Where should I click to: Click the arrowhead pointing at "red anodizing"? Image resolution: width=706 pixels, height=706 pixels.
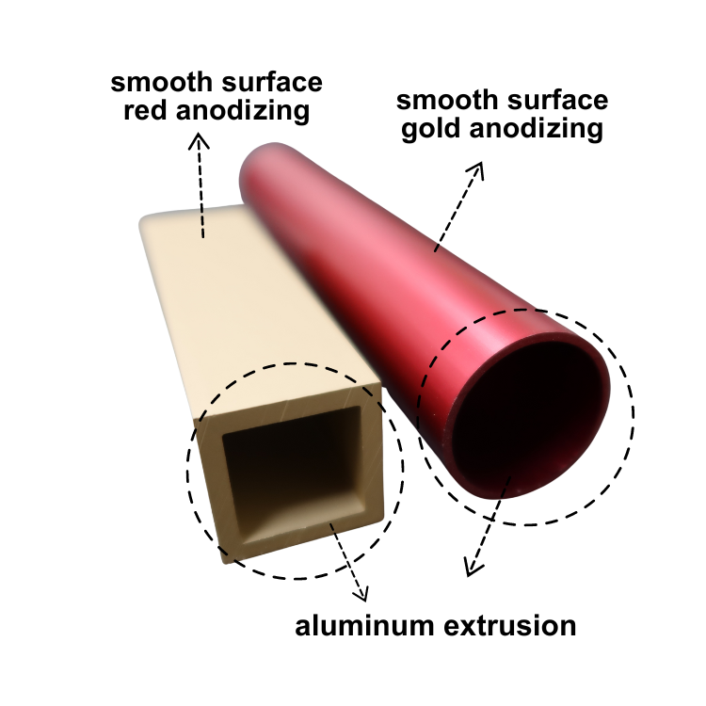[198, 140]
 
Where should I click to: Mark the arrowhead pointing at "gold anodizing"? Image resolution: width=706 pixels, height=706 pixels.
[477, 169]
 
